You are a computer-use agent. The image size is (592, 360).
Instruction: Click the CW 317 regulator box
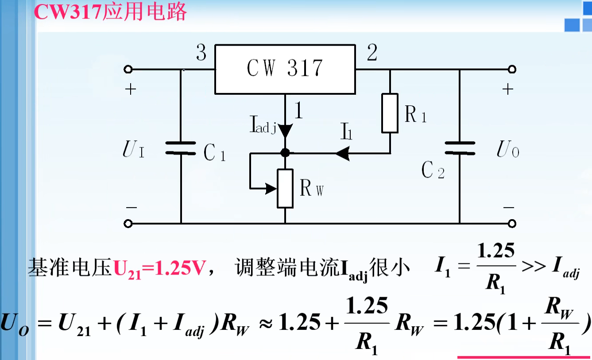[x=285, y=69]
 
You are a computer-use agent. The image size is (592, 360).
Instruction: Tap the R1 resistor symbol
[x=390, y=113]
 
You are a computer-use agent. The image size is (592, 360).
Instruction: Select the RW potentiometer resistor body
[x=285, y=188]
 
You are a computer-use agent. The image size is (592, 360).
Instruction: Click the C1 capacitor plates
[x=181, y=148]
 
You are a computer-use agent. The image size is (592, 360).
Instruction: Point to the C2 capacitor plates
[x=459, y=148]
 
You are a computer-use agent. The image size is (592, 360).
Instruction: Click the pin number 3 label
[x=201, y=54]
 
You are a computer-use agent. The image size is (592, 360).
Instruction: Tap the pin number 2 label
[x=372, y=54]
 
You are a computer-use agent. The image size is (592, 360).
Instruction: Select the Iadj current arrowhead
[x=285, y=130]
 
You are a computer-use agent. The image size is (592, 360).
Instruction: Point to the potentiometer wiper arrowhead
[x=271, y=188]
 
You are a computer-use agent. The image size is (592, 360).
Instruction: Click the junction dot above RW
[x=285, y=153]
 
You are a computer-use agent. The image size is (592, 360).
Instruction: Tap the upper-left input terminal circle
[x=128, y=70]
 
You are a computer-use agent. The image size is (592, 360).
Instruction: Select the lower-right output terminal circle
[x=512, y=224]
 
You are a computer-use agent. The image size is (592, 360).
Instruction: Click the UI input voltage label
[x=133, y=151]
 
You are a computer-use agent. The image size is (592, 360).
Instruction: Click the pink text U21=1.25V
[x=159, y=269]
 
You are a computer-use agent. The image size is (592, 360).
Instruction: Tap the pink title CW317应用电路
[x=111, y=12]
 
